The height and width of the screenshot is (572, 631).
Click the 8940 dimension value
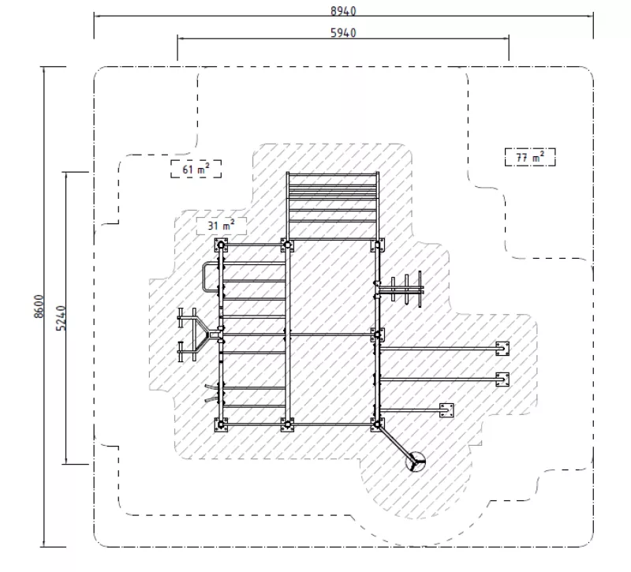point(343,11)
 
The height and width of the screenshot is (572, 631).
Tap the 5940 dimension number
point(343,32)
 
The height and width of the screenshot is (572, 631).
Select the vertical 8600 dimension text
point(39,306)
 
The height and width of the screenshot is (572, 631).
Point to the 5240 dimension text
point(61,318)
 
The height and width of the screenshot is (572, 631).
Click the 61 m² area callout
point(196,169)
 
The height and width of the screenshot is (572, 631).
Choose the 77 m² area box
point(530,157)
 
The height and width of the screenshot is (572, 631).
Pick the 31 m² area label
point(222,226)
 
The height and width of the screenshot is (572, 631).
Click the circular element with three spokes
point(416,461)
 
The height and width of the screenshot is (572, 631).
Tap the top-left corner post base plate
point(221,245)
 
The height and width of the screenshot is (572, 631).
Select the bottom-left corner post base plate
point(221,424)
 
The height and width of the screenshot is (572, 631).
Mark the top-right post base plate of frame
point(378,245)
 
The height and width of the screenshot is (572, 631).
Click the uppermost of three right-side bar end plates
point(502,348)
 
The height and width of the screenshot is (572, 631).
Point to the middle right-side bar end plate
point(502,379)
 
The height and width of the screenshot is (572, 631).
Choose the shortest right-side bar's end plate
point(446,410)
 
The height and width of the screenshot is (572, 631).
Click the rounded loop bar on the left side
point(204,278)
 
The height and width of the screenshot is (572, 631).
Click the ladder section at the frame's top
point(332,206)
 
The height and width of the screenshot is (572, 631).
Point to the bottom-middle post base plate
point(287,424)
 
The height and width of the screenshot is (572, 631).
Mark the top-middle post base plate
point(287,245)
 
